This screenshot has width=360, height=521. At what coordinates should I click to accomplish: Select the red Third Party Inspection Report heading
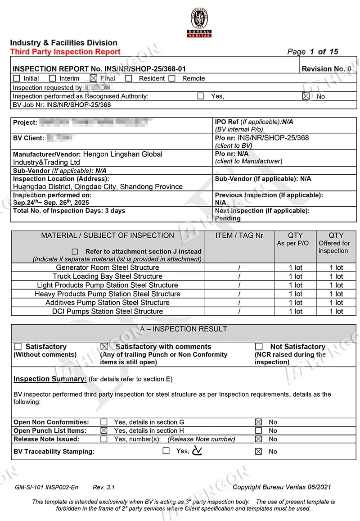point(65,52)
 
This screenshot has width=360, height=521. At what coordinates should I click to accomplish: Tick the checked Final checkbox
point(94,78)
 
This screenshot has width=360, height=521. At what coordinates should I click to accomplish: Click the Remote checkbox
point(172,78)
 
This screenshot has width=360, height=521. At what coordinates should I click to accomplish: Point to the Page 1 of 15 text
point(313,52)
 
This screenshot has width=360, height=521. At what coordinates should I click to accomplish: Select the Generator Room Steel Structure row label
point(108,267)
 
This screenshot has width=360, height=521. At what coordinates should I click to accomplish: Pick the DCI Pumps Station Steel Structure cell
point(108,311)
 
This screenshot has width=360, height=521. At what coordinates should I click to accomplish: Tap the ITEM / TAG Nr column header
point(239,236)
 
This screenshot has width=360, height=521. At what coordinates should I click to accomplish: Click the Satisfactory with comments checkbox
point(104,347)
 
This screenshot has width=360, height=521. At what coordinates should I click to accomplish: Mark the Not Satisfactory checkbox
point(259,347)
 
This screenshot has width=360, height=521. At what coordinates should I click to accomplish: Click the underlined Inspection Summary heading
point(50,379)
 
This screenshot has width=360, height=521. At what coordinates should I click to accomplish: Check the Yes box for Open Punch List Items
point(104,431)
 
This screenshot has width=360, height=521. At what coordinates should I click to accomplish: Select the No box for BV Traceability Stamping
point(258,452)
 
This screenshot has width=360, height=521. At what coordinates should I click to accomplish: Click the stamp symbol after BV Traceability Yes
point(197,450)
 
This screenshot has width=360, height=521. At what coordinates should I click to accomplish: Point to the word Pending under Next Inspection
point(228,218)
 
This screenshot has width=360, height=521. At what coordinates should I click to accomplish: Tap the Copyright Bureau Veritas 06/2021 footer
point(282,487)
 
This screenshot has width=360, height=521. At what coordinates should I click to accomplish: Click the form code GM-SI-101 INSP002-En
point(46,487)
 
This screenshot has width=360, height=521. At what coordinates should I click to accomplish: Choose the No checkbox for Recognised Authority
point(306,96)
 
